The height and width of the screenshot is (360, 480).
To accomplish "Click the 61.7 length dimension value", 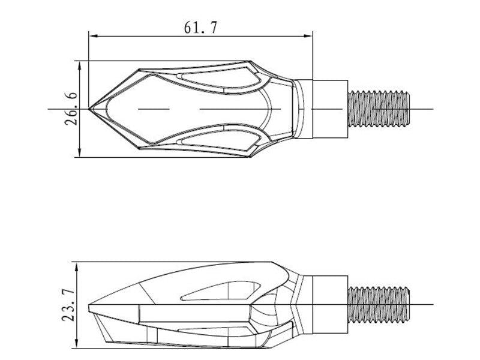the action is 200,27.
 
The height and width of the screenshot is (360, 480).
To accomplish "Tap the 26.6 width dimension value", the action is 71,109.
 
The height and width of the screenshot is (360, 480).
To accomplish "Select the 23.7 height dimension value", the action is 68,305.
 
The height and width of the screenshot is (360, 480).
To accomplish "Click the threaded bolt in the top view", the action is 379,109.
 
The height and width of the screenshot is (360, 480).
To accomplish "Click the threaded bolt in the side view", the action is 379,304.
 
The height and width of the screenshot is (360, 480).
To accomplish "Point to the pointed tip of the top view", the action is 89,109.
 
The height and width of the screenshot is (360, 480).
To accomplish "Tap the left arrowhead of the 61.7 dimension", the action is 93,36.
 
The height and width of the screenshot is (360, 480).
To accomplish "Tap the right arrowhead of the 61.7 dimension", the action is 308,36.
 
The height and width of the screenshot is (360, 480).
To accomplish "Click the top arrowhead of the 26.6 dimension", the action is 80,65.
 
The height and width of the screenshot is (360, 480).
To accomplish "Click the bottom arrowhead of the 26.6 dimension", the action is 80,153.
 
